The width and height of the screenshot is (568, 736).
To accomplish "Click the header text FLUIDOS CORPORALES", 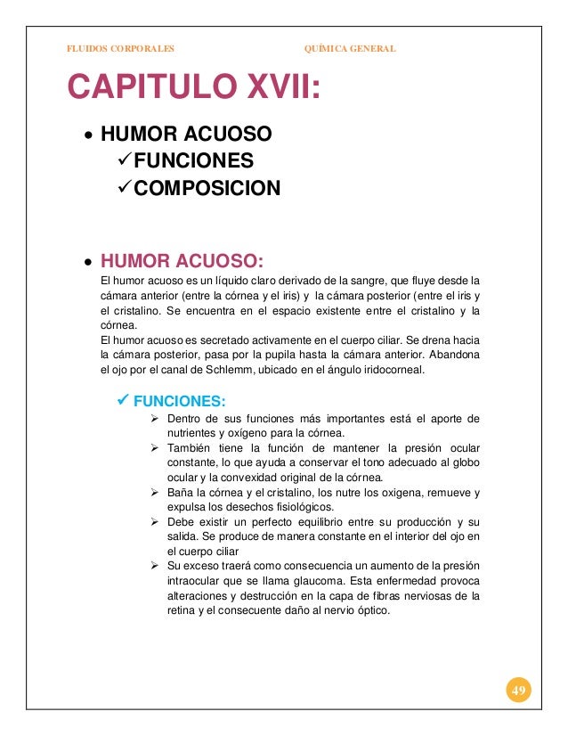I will [121, 48].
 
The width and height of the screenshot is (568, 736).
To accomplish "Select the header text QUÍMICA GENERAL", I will [350, 48].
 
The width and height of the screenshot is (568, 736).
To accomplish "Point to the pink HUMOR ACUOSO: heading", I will [183, 262].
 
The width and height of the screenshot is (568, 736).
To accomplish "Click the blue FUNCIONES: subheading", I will [179, 400].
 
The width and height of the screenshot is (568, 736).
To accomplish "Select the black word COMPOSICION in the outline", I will [204, 189].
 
